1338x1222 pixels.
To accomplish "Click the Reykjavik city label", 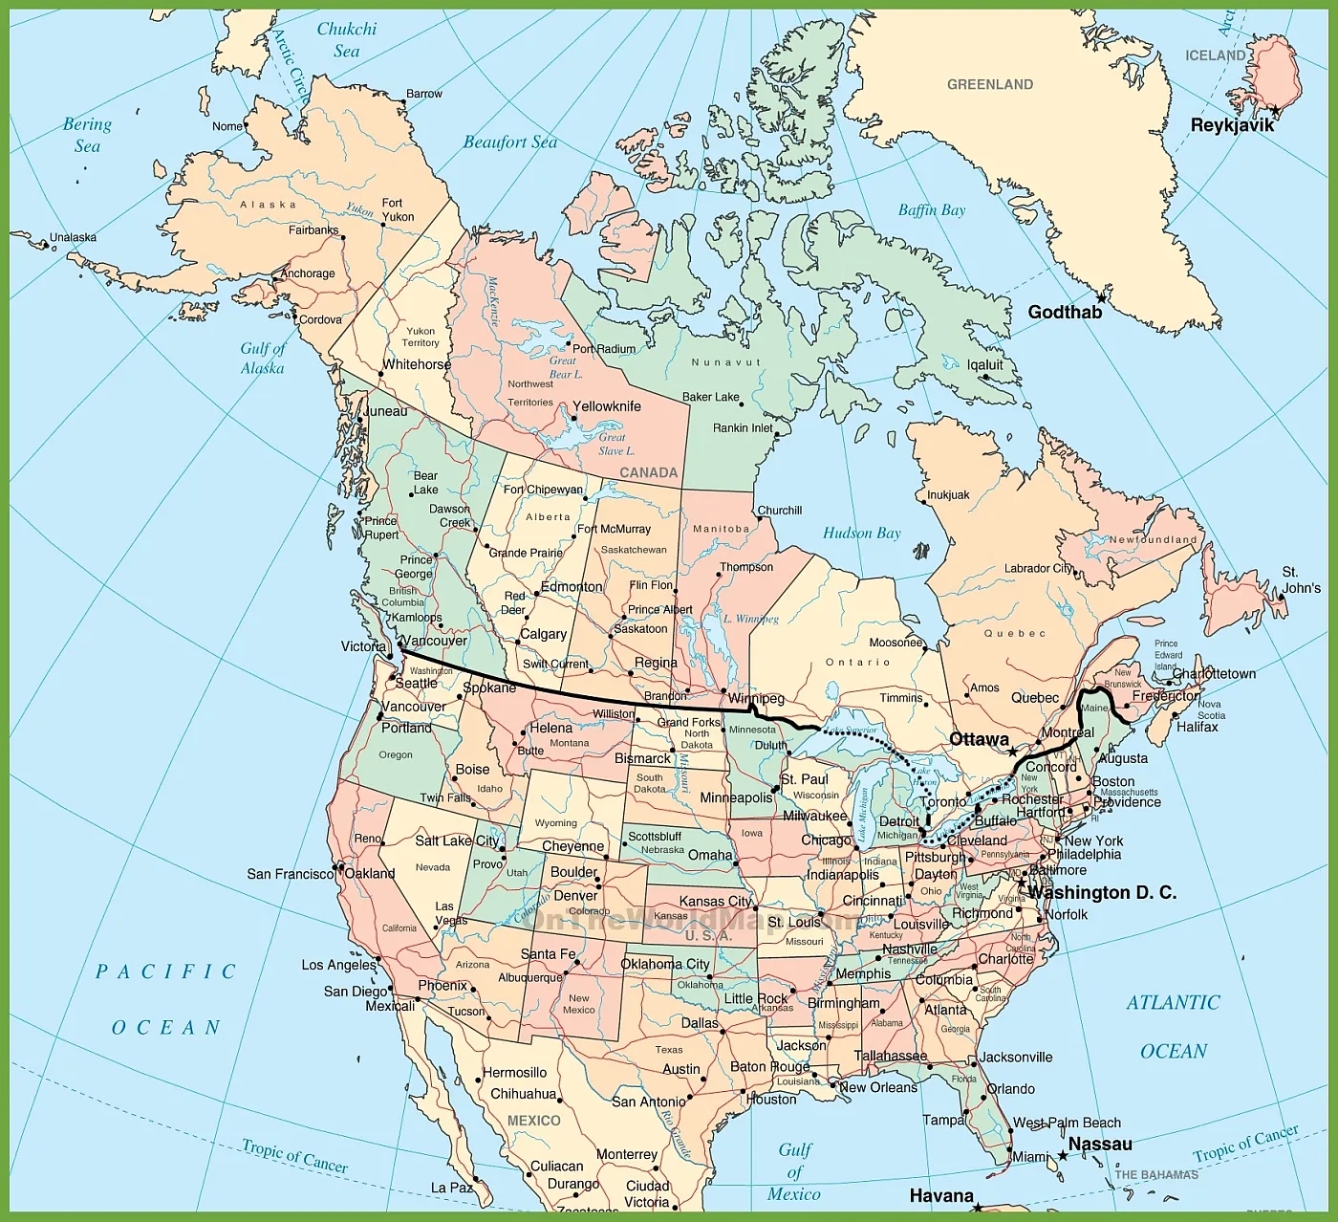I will click(1232, 125).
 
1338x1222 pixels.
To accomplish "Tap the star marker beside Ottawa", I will click(1012, 753).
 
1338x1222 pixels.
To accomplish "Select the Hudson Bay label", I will click(861, 534).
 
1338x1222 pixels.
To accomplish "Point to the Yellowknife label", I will click(606, 406).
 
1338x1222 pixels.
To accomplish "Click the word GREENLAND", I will click(989, 84).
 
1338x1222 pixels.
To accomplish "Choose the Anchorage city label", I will click(308, 273).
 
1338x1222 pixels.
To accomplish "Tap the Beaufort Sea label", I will click(510, 142).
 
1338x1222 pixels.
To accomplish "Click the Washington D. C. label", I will click(1102, 892).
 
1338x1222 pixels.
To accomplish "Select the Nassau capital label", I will click(1099, 1144).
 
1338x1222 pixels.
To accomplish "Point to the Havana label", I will click(940, 1195).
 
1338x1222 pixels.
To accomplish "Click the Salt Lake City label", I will click(457, 840).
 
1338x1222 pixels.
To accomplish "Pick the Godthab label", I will click(1065, 313).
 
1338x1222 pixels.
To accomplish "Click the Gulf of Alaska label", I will click(262, 359).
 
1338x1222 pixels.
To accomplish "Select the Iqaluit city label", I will click(984, 364).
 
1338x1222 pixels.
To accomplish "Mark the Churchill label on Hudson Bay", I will click(779, 511).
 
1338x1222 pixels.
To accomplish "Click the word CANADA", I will click(648, 472).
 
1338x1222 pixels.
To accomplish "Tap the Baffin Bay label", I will click(931, 210).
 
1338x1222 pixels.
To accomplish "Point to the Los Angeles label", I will click(338, 965).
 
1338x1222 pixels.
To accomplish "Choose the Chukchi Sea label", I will click(346, 39).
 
